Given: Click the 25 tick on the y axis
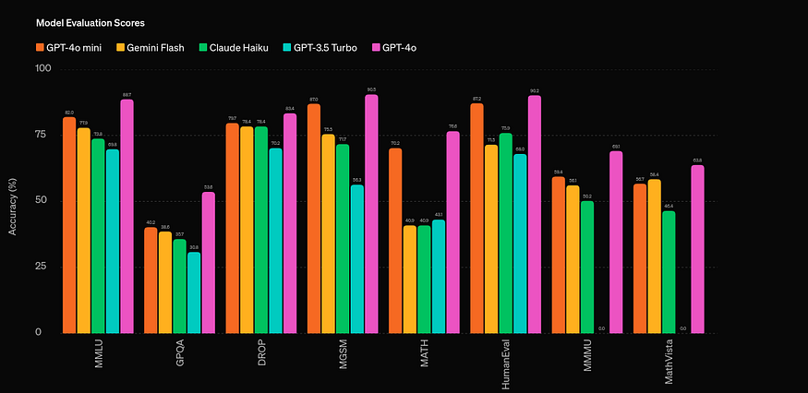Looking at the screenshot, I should click(43, 267).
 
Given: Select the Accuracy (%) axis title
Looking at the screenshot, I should click(13, 201).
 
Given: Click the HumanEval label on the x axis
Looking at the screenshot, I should click(506, 363).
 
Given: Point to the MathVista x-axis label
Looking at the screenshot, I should click(669, 362).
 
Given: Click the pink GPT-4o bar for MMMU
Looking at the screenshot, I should click(616, 242).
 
